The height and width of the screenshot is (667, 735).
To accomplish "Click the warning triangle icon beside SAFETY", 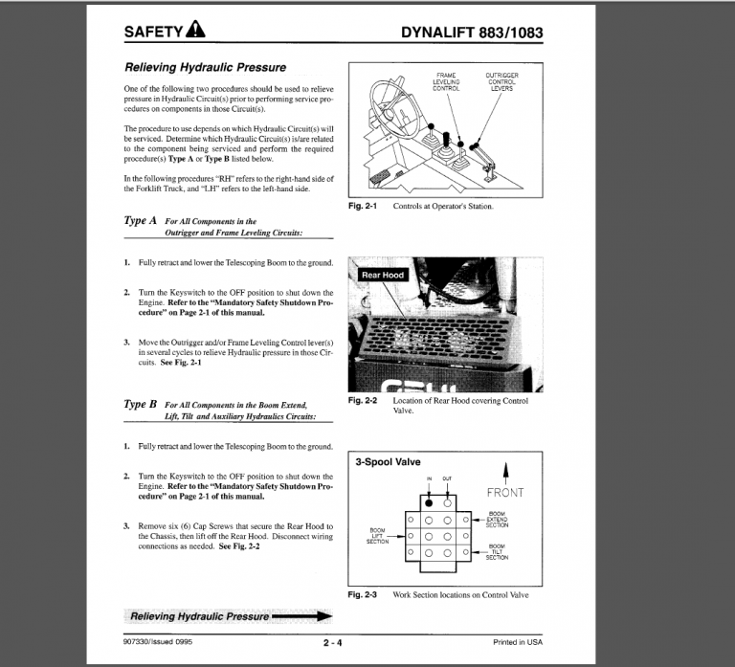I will pos(195,31).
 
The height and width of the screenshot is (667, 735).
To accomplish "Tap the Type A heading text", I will pos(141,220).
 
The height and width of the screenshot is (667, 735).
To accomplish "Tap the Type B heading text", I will pos(141,404).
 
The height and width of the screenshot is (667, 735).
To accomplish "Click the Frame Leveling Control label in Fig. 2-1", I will pos(447,81).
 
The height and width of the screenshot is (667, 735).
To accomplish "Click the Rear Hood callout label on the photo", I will pos(382,275).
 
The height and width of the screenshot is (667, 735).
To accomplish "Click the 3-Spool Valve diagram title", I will pos(388,461).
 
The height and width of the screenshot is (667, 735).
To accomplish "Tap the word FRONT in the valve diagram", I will pos(504,493).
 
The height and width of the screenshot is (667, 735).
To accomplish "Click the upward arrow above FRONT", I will pos(505,473).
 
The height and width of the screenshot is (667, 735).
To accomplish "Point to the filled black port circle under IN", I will pos(430,501).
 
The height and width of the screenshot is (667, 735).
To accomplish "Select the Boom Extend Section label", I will pos(498,520).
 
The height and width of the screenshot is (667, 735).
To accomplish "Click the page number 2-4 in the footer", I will pos(333,642).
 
